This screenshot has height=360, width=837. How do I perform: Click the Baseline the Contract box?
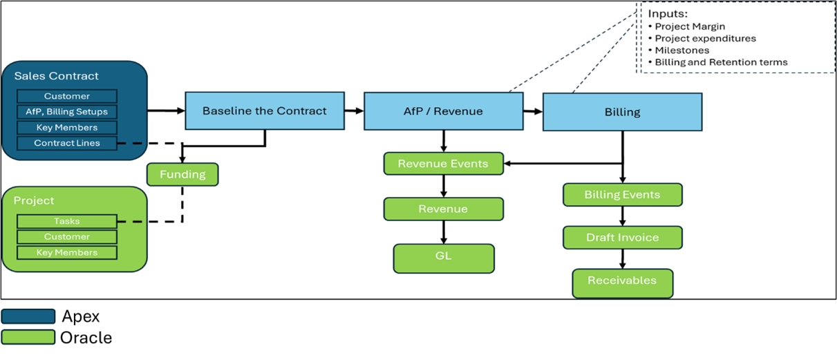tap(265, 111)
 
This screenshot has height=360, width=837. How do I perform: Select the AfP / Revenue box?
tap(444, 111)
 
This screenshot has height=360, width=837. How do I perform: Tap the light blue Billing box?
tap(622, 112)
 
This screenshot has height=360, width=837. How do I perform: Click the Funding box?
tap(182, 174)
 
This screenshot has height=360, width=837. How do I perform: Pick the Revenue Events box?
tap(444, 164)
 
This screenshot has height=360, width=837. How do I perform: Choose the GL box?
tap(444, 258)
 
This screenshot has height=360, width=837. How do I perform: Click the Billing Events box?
tap(623, 195)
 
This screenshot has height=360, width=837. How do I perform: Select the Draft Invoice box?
tap(623, 238)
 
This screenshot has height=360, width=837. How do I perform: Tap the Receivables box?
tap(623, 283)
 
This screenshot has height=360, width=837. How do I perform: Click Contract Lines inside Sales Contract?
tap(67, 143)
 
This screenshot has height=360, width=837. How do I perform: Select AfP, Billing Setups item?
tap(67, 112)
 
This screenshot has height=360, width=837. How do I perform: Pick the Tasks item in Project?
tap(67, 221)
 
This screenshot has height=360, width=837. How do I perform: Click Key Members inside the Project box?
tap(67, 252)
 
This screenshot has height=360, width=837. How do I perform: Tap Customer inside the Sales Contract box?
tap(67, 96)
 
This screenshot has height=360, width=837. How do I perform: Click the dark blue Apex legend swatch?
tap(28, 316)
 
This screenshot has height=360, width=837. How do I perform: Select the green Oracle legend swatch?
tap(28, 337)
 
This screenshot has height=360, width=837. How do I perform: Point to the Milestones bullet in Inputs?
tap(681, 50)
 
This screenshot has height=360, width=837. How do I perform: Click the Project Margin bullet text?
tap(690, 26)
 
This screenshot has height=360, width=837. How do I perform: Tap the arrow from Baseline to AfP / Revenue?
tap(354, 111)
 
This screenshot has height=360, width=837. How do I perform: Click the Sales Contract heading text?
tap(57, 76)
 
